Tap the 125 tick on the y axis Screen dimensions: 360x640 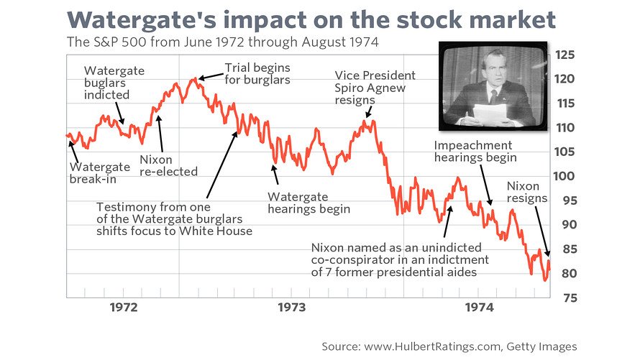click(564, 55)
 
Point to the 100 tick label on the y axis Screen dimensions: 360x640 click(564, 176)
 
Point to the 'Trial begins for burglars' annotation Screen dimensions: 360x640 click(257, 73)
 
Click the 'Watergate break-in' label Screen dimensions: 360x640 click(100, 172)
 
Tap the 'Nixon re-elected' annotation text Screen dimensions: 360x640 click(168, 165)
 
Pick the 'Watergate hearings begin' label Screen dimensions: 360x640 click(308, 203)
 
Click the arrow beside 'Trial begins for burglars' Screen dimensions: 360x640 click(209, 75)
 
